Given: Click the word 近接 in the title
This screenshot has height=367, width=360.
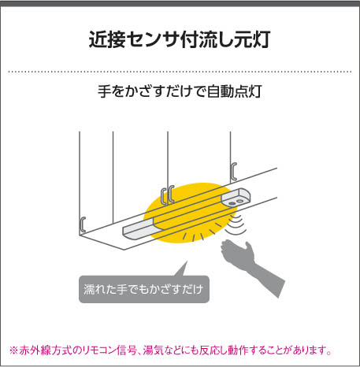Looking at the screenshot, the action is [x=107, y=40].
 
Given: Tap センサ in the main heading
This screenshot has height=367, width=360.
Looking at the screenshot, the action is [x=153, y=40].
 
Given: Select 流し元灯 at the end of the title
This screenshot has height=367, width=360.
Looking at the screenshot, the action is [x=234, y=40].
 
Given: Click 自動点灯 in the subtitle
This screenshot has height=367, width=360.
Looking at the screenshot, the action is [x=234, y=91].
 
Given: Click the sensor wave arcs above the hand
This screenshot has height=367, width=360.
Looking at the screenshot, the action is [x=236, y=224].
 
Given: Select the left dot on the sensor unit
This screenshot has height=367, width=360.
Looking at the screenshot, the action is [x=232, y=203].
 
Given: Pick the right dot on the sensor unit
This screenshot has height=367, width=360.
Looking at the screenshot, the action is [x=239, y=201].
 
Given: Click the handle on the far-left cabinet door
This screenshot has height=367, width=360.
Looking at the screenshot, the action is [x=83, y=224].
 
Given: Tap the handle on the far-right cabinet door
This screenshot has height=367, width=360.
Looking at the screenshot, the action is [x=234, y=171].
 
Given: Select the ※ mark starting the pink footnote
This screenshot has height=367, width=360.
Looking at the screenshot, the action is [x=13, y=350].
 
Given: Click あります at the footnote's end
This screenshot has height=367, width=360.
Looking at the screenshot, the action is [x=309, y=350].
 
